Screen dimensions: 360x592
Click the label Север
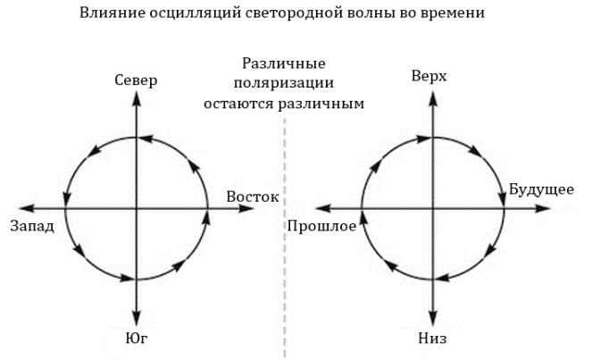(137, 81)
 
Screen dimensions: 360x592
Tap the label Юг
(137, 337)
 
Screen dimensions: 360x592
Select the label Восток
(253, 197)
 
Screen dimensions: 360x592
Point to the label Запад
(32, 225)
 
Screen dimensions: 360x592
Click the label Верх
(429, 78)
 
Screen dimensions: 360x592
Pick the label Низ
(432, 339)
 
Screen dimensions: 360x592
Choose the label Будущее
(541, 189)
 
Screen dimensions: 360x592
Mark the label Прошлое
(321, 226)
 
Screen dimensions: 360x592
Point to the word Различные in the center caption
(283, 64)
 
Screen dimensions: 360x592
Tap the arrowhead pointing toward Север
(137, 96)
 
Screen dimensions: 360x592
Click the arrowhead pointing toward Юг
(137, 319)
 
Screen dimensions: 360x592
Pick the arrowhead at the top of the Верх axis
(432, 93)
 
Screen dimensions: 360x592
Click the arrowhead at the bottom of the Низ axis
(432, 321)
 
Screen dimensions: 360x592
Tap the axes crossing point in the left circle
(137, 208)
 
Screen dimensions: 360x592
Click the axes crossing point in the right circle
(432, 208)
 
